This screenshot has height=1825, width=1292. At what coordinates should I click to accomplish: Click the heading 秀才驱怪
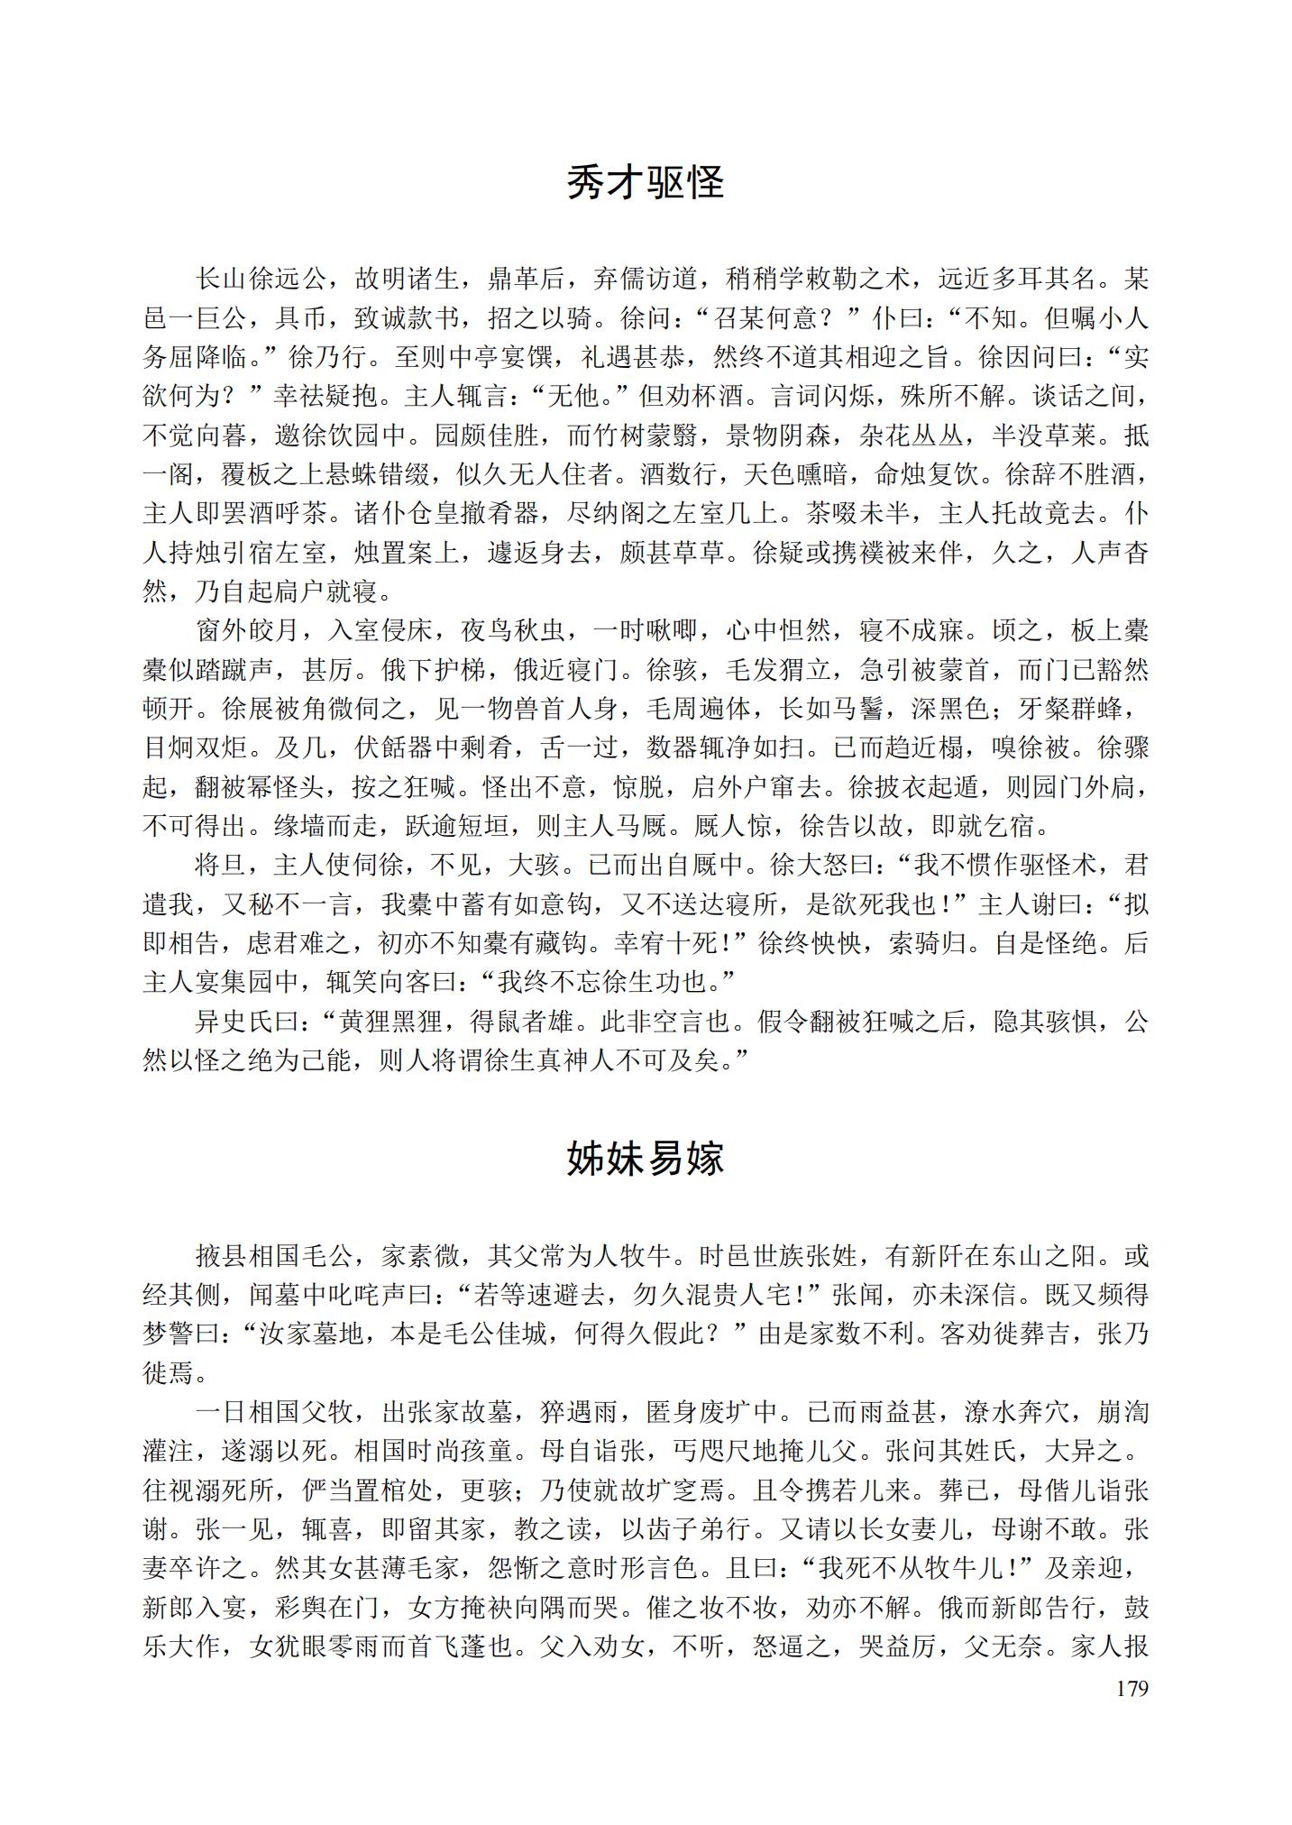pos(646,183)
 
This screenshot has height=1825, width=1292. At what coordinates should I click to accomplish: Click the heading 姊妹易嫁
pos(646,1159)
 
